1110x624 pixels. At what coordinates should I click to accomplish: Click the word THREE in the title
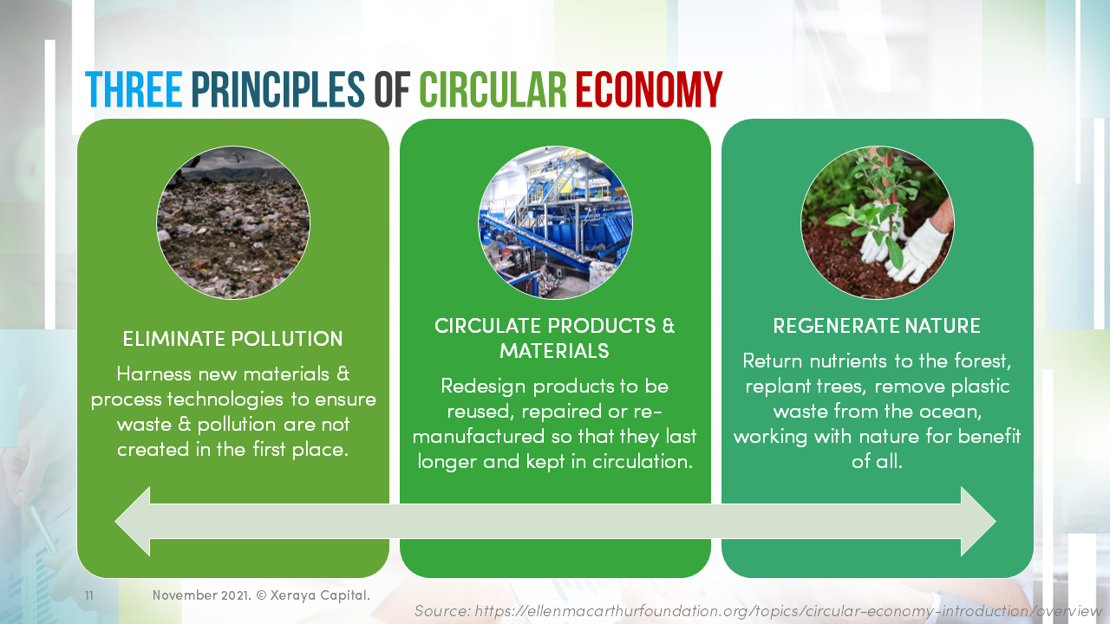(x=134, y=90)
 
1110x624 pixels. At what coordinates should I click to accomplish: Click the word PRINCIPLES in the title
(x=277, y=90)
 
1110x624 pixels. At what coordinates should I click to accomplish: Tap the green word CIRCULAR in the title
(x=493, y=90)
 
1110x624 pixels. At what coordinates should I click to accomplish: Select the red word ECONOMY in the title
(x=649, y=90)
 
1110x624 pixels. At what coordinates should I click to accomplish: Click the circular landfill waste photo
(x=233, y=223)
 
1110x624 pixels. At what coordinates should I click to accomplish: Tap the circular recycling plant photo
(x=555, y=223)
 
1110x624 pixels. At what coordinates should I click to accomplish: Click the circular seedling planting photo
(x=877, y=223)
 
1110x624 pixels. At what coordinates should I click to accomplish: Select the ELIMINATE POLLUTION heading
(x=232, y=339)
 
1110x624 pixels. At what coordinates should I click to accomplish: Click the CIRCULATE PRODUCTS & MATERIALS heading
(x=555, y=338)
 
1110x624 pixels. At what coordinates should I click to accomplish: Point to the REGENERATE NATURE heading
(x=877, y=327)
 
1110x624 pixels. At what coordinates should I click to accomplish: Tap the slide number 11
(x=88, y=595)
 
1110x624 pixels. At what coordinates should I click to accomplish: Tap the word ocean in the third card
(x=950, y=411)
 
